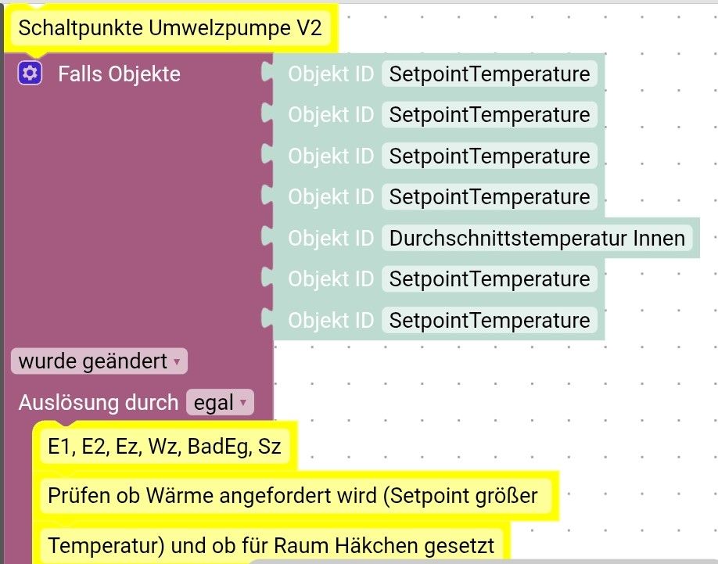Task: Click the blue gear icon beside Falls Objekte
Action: [30, 74]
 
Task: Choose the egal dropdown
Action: [220, 403]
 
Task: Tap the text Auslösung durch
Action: [99, 403]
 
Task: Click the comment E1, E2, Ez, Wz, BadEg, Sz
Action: [163, 447]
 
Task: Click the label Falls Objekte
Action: [119, 74]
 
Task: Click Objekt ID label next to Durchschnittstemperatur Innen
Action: [331, 238]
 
